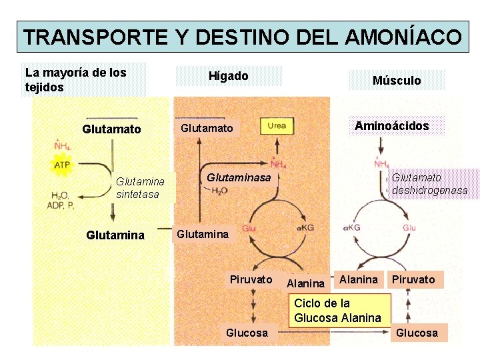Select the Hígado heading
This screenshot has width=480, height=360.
click(229, 76)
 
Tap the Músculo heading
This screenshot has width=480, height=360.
click(397, 80)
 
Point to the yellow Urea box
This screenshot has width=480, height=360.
click(277, 126)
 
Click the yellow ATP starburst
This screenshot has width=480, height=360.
click(61, 164)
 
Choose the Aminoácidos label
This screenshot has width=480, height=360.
click(391, 125)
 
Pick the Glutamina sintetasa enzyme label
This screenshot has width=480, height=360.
click(140, 187)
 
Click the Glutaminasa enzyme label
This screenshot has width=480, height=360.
click(239, 177)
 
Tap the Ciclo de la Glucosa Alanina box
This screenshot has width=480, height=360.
click(338, 311)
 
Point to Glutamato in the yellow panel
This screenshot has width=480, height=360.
click(111, 129)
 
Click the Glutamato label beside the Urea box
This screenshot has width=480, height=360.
click(207, 128)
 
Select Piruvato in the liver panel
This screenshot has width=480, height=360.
click(251, 279)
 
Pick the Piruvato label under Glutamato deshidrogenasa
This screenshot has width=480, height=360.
click(413, 279)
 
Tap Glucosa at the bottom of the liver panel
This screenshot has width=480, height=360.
click(247, 332)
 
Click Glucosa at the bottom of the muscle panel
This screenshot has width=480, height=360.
click(417, 332)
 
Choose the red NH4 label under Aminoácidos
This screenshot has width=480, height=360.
click(382, 164)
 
